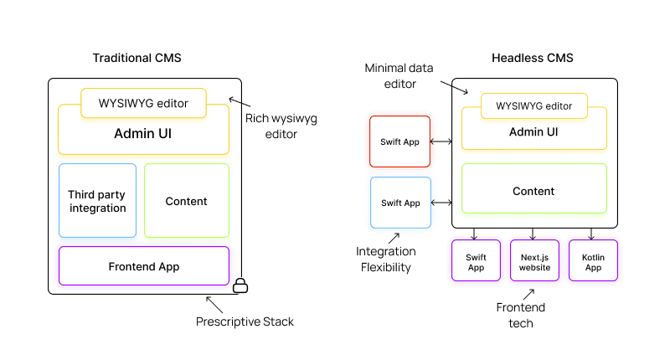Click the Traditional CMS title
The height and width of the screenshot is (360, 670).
[137, 58]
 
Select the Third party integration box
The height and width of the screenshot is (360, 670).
[97, 201]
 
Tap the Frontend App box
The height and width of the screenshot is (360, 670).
[143, 266]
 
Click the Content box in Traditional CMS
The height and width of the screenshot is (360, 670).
[186, 201]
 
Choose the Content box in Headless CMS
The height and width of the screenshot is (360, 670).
[533, 192]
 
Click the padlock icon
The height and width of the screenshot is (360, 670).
[240, 285]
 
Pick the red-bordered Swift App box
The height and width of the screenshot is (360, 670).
[400, 141]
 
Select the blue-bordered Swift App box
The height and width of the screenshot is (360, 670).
[400, 203]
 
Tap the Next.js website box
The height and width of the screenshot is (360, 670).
[534, 261]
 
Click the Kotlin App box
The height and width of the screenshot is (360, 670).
[593, 261]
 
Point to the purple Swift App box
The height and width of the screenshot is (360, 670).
[476, 261]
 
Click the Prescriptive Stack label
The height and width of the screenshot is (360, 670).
[245, 321]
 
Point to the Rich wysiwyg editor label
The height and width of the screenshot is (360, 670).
[271, 126]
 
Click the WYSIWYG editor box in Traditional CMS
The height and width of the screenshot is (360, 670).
[143, 104]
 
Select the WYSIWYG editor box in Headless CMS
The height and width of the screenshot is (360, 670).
[533, 106]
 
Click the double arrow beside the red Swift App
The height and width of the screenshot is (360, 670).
[441, 141]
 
